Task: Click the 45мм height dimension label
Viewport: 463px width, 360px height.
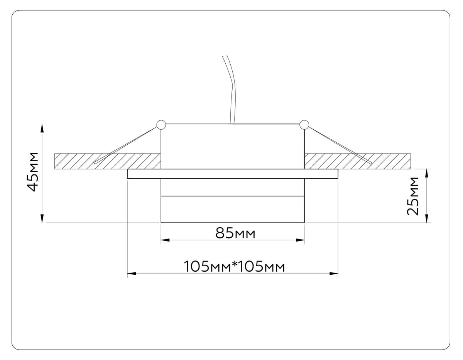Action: (x=34, y=172)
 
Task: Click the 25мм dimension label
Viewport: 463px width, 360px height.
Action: (x=413, y=196)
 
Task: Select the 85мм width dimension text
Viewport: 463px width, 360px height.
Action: (x=235, y=233)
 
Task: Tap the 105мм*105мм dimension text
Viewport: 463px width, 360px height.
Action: (x=234, y=266)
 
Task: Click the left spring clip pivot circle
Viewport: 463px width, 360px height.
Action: (x=161, y=125)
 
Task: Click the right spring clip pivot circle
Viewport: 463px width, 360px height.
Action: (x=304, y=125)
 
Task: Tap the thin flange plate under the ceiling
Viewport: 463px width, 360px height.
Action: (x=233, y=174)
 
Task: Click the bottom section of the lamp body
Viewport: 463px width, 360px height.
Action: (x=233, y=210)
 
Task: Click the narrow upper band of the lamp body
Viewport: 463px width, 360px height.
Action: (x=233, y=188)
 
